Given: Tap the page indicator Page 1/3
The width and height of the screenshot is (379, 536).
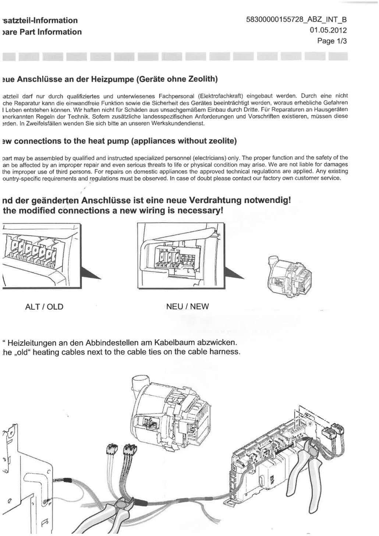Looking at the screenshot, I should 332,41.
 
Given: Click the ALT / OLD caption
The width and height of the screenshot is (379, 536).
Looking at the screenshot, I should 44,307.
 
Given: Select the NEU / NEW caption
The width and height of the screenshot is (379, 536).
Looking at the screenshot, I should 188,306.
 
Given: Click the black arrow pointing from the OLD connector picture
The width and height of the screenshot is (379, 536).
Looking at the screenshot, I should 91,273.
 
